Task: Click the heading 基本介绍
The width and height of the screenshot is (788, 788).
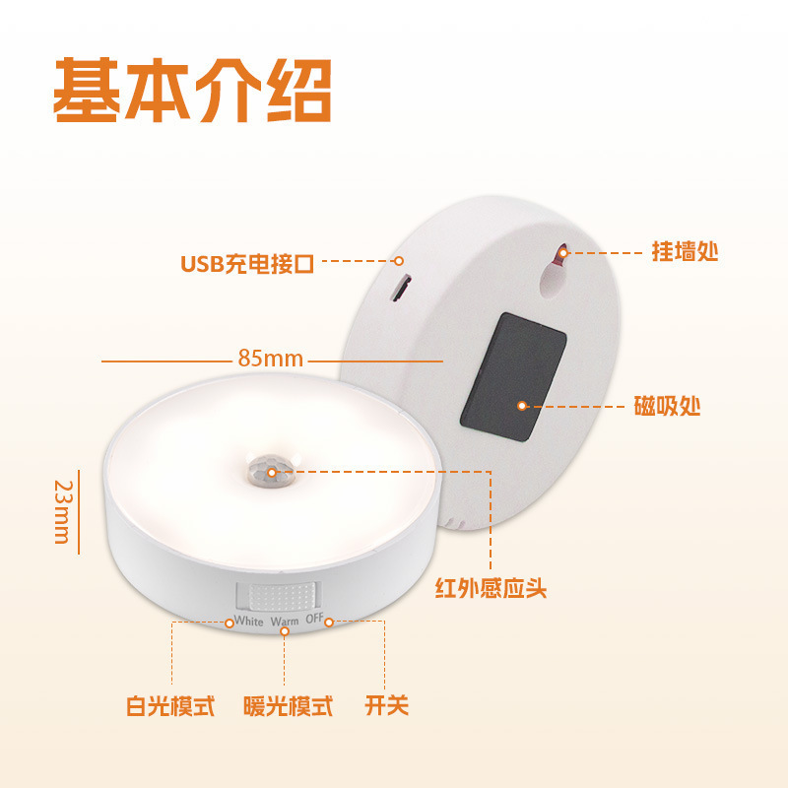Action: click(x=192, y=92)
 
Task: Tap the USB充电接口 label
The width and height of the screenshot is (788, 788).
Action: click(x=247, y=264)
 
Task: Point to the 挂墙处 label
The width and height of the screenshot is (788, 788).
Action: click(x=685, y=251)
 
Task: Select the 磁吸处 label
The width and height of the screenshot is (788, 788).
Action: click(x=668, y=405)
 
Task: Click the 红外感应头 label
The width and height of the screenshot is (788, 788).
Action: click(x=491, y=589)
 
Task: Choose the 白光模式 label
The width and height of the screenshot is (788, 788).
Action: click(x=170, y=706)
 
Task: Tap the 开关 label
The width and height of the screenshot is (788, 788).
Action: click(x=386, y=706)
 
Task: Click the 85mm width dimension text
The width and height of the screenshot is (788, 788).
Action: click(x=271, y=359)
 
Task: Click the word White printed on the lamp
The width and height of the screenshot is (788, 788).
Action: click(x=248, y=622)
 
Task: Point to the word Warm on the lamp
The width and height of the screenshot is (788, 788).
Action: click(x=285, y=622)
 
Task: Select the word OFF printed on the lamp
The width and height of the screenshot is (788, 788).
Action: click(x=314, y=620)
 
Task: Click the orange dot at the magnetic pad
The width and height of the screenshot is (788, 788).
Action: click(x=522, y=405)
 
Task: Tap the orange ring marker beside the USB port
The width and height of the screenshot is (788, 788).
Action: click(x=399, y=262)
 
